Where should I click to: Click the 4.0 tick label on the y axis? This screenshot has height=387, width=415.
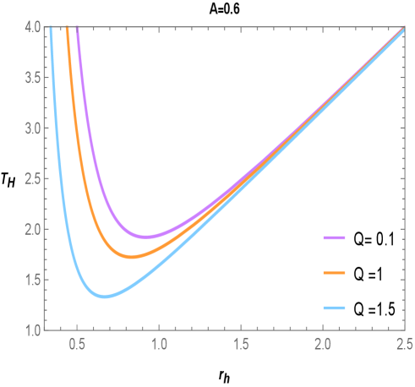(x=32, y=28)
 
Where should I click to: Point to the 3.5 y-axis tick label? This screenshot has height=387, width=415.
(x=32, y=79)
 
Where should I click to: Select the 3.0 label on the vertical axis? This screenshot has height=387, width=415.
(x=32, y=128)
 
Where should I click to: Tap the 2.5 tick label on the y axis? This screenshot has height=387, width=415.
(x=32, y=179)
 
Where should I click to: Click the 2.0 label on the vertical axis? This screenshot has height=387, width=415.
(x=32, y=229)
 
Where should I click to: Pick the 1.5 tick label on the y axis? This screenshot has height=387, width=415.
(x=32, y=280)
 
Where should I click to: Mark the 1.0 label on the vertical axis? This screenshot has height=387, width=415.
(x=32, y=330)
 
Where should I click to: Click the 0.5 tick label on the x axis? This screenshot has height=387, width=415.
(x=77, y=344)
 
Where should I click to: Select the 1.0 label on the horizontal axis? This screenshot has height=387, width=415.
(x=159, y=344)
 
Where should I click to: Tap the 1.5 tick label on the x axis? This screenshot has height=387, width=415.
(x=241, y=344)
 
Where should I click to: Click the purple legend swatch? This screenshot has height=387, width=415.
(x=335, y=238)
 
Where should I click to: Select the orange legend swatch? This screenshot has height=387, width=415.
(x=335, y=273)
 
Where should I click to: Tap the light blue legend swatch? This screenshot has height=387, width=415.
(x=335, y=308)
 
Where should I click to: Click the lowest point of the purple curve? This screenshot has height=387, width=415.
(x=146, y=237)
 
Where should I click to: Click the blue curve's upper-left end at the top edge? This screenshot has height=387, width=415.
(x=51, y=30)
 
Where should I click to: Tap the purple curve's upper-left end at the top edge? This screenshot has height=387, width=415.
(x=78, y=30)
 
